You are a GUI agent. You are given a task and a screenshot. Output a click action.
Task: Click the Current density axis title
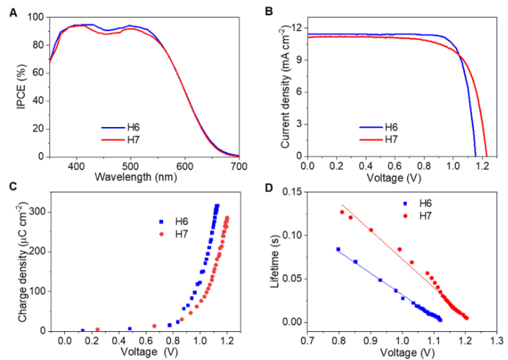[x=286, y=87]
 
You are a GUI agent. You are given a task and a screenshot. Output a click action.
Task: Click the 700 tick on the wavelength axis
[x=238, y=165]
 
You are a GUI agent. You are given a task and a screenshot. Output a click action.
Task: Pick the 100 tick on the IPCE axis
[x=37, y=17]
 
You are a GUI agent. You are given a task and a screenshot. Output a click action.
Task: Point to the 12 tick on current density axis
[x=297, y=27]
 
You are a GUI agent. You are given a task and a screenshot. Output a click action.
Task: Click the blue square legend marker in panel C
[x=162, y=221]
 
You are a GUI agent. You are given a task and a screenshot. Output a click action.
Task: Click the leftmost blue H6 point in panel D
[x=338, y=249]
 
